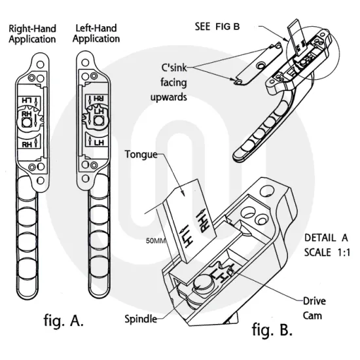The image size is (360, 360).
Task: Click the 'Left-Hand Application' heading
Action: coord(96,33)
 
